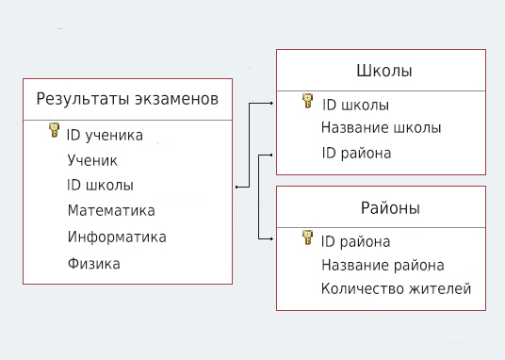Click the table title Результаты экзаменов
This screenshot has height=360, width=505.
click(x=126, y=98)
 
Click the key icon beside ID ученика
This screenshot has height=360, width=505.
click(x=54, y=134)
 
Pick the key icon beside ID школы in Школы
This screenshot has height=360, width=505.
click(x=308, y=104)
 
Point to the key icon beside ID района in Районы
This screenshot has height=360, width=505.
click(x=308, y=239)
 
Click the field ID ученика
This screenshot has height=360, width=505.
click(x=105, y=136)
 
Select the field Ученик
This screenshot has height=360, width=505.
click(x=92, y=160)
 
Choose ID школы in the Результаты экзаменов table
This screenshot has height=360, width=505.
click(x=100, y=186)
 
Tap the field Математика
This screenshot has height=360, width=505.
click(x=111, y=211)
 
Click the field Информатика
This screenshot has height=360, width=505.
click(x=117, y=237)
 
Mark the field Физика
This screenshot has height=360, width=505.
click(x=93, y=264)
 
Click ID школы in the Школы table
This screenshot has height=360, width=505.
click(x=355, y=106)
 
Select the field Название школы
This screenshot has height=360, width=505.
click(x=381, y=128)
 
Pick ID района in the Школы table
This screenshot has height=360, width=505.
click(x=356, y=153)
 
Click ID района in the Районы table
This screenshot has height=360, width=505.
click(x=355, y=241)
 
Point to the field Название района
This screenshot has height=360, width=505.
click(x=383, y=266)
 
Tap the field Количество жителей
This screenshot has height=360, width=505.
click(x=396, y=289)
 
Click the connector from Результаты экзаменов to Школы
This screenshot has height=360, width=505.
click(x=249, y=141)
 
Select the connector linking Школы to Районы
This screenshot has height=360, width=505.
click(x=258, y=198)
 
